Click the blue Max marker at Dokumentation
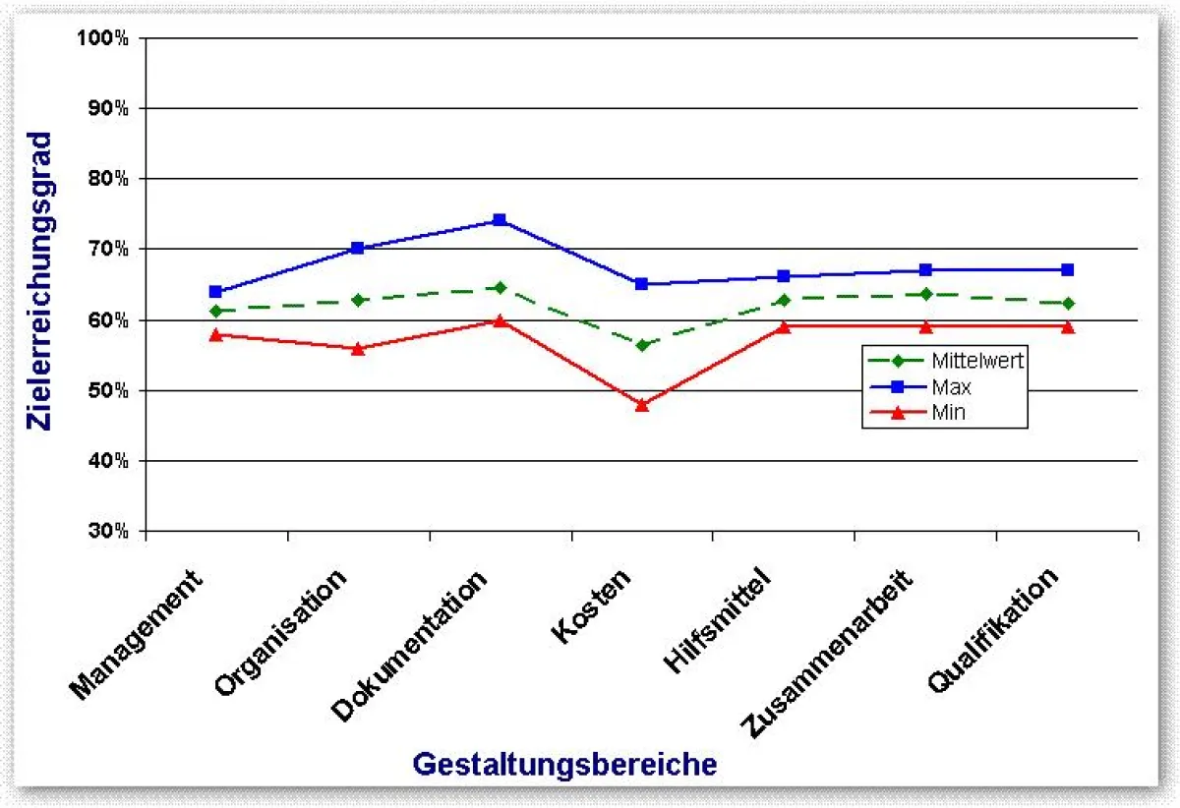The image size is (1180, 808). (x=500, y=220)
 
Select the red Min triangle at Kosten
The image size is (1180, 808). (x=642, y=404)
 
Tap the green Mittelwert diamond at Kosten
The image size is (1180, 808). (x=642, y=345)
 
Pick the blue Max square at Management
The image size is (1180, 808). (x=215, y=292)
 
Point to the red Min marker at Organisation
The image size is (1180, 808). (x=358, y=348)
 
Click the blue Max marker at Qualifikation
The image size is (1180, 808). (x=1068, y=269)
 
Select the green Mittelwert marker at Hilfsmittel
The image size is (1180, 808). (x=784, y=299)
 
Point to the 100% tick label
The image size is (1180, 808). (x=103, y=38)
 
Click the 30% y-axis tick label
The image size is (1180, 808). (x=107, y=532)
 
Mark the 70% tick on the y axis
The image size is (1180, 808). (x=107, y=250)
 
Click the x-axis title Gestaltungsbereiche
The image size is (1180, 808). (x=564, y=764)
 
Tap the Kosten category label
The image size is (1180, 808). (x=592, y=606)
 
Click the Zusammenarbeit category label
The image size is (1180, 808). (x=829, y=652)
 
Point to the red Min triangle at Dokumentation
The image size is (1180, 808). (x=500, y=320)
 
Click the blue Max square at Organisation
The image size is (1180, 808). (x=358, y=249)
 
